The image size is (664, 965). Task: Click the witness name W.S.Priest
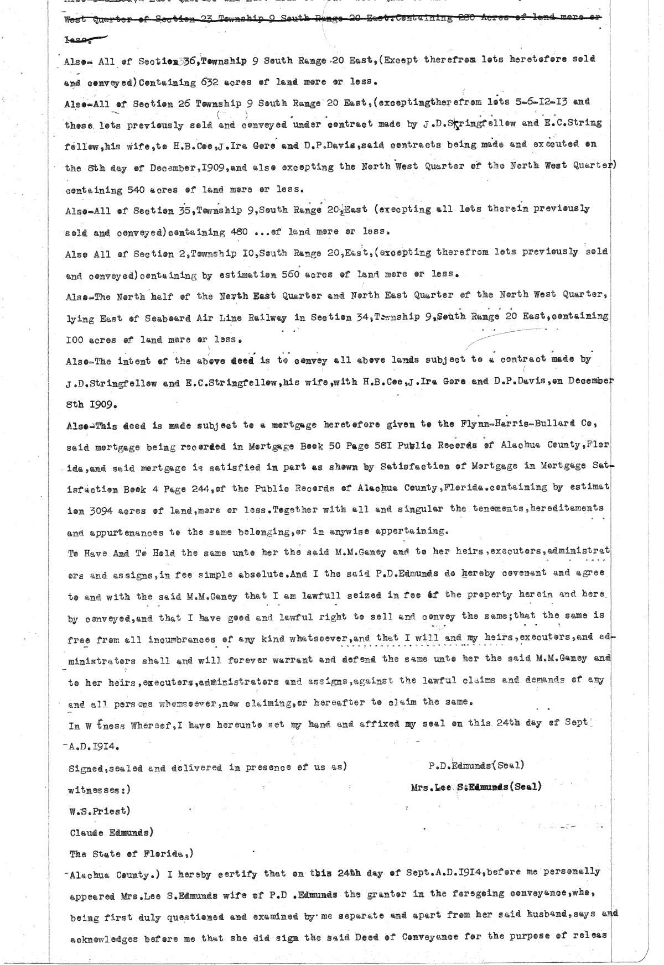(98, 811)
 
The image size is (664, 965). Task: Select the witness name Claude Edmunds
(111, 832)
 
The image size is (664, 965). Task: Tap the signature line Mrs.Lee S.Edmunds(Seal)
(476, 786)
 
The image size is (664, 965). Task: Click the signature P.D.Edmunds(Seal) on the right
(476, 765)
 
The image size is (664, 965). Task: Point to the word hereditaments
(570, 509)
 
